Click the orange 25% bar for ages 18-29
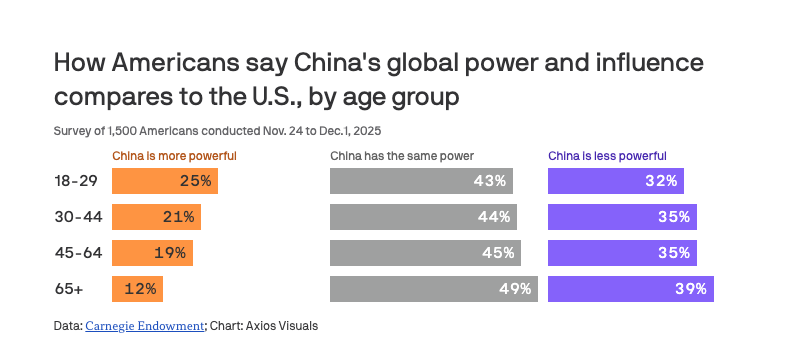click(164, 181)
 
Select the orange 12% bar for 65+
click(137, 289)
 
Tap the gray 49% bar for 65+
click(434, 289)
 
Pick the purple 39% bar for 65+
click(630, 289)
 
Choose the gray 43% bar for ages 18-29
click(421, 181)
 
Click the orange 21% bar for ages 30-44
click(156, 217)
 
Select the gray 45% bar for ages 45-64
click(425, 253)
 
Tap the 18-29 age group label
click(76, 181)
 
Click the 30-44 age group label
click(77, 217)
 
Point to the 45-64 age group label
click(77, 253)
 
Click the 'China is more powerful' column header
click(174, 156)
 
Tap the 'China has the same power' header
click(401, 156)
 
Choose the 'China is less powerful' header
click(607, 156)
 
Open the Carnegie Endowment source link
click(145, 325)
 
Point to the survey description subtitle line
click(217, 130)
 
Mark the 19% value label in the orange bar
click(169, 253)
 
